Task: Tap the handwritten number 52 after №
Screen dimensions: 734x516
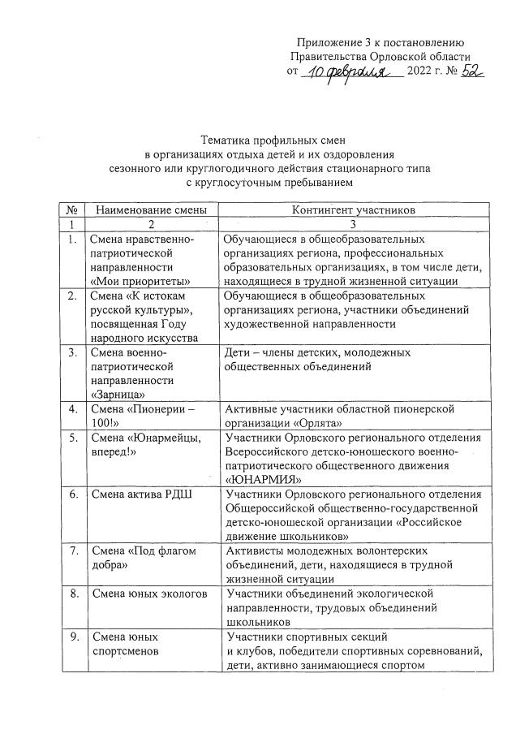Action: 467,71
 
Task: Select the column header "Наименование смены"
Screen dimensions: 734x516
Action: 151,210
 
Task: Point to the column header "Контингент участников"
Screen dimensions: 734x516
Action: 354,210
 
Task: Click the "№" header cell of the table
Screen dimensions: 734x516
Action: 72,210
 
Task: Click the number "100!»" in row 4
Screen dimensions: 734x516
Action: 105,423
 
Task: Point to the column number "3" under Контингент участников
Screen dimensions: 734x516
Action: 354,224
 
